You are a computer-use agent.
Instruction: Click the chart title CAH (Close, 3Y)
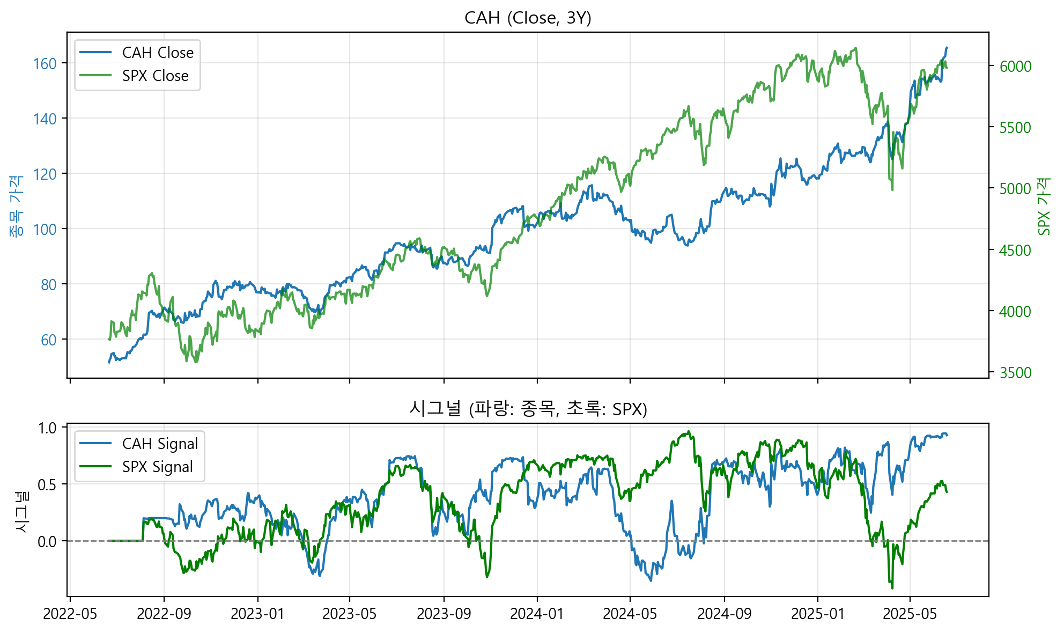tap(528, 18)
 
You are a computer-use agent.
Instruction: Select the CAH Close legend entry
tap(157, 53)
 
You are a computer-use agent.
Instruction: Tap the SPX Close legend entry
tap(155, 76)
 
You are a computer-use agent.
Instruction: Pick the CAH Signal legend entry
tap(160, 444)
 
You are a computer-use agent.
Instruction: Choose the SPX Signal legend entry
tap(157, 467)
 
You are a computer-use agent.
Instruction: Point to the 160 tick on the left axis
tap(45, 64)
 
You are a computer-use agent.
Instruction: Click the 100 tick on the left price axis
tap(45, 230)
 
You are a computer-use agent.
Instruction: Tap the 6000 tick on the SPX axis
tap(1015, 67)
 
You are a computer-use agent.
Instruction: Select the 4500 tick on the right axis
tap(1015, 251)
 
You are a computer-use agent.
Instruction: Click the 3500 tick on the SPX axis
tap(1015, 373)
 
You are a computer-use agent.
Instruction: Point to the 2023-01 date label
tap(257, 614)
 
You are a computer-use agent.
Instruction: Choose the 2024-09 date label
tap(724, 614)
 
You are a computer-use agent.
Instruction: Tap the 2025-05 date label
tap(910, 614)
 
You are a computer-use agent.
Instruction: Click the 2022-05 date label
tap(70, 614)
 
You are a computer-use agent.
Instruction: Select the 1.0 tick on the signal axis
tap(47, 428)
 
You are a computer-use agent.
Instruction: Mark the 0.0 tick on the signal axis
tap(47, 542)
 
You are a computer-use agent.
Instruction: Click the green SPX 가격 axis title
tap(1044, 207)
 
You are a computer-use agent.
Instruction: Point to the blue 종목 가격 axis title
tap(16, 207)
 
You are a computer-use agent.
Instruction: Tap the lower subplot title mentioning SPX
tap(528, 409)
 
